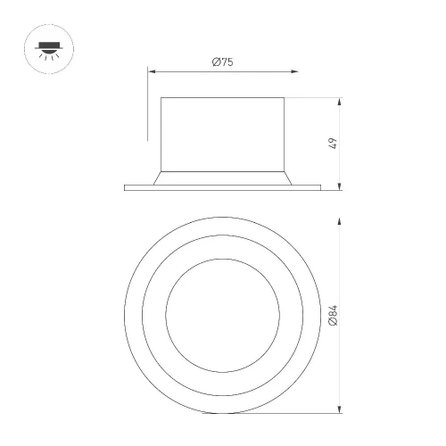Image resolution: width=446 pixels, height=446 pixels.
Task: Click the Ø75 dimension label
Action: click(x=222, y=62)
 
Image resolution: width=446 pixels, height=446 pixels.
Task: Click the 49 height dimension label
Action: click(x=334, y=144)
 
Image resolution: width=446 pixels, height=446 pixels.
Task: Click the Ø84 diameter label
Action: click(x=334, y=316)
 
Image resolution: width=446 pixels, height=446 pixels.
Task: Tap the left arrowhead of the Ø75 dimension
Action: click(x=152, y=71)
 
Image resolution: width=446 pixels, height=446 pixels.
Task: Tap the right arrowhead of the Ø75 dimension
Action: click(x=294, y=71)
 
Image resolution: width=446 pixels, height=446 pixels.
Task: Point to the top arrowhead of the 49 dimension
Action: click(x=340, y=102)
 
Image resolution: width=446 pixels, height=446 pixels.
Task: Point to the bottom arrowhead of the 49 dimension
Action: click(x=340, y=186)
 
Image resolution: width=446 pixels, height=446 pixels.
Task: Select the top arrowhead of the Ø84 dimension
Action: click(x=340, y=221)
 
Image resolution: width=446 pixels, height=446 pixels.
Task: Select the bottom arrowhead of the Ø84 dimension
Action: click(x=340, y=409)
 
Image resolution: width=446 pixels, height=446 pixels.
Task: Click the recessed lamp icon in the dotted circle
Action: click(x=49, y=49)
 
